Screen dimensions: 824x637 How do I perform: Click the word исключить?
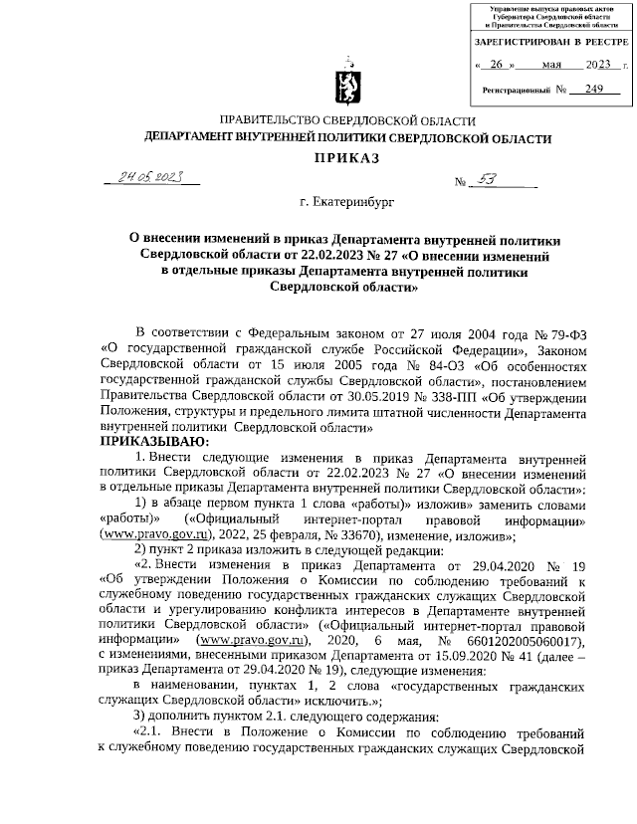coord(298,703)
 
